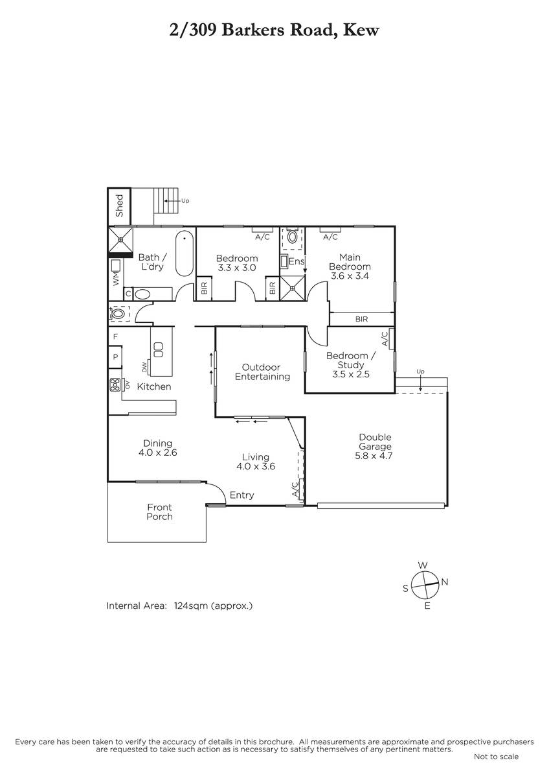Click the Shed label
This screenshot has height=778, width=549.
pyautogui.click(x=119, y=206)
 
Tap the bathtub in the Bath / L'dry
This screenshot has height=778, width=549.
pyautogui.click(x=184, y=253)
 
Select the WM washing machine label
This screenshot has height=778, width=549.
pyautogui.click(x=116, y=279)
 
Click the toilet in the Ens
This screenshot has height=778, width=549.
pyautogui.click(x=293, y=237)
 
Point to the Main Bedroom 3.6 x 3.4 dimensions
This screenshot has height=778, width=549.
pyautogui.click(x=350, y=276)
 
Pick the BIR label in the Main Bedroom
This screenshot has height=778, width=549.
pyautogui.click(x=361, y=319)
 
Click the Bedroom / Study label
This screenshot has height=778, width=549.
pyautogui.click(x=351, y=360)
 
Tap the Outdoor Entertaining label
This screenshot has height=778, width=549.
pyautogui.click(x=262, y=372)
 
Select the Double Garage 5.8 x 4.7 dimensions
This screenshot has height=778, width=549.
pyautogui.click(x=374, y=456)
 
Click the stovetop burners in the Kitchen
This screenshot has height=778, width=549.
pyautogui.click(x=115, y=384)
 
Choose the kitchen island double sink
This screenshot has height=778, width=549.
pyautogui.click(x=158, y=349)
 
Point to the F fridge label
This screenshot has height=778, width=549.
pyautogui.click(x=115, y=336)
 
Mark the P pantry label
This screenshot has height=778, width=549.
pyautogui.click(x=115, y=357)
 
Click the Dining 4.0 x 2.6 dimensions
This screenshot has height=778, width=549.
pyautogui.click(x=158, y=453)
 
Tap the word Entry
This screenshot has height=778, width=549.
pyautogui.click(x=241, y=495)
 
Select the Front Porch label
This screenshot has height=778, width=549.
pyautogui.click(x=159, y=512)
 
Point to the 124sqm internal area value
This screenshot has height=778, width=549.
pyautogui.click(x=191, y=606)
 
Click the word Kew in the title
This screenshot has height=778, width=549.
pyautogui.click(x=361, y=30)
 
